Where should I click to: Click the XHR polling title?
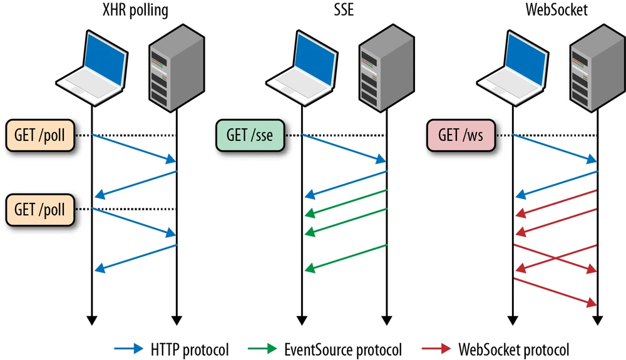135,11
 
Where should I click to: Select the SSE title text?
344,11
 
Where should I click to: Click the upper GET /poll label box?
39,135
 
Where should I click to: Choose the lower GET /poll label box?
39,208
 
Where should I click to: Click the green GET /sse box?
250,135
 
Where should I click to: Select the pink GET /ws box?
460,135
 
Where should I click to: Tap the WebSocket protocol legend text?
514,349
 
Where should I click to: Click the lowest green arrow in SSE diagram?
346,257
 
